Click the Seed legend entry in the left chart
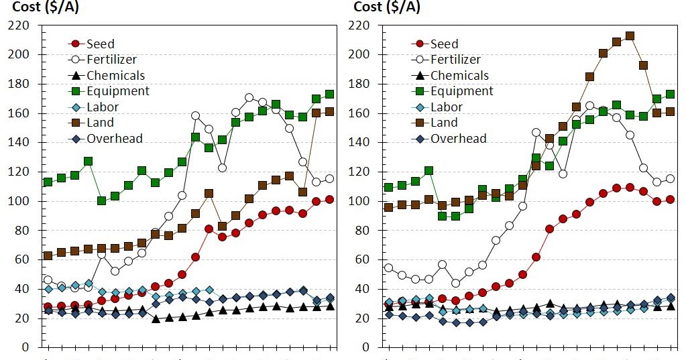(x=101, y=44)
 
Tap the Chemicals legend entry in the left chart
(x=115, y=76)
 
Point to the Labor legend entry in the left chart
(x=103, y=107)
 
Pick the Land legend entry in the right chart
(x=444, y=123)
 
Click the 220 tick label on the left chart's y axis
(x=18, y=25)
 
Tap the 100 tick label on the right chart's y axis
(x=361, y=201)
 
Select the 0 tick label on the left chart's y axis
(x=25, y=347)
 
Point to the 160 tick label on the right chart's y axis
(x=361, y=113)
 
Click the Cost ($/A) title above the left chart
(x=46, y=7)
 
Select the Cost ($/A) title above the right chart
(x=387, y=7)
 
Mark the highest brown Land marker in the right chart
(x=630, y=36)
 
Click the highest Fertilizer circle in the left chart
(x=249, y=98)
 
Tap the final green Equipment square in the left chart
(x=329, y=95)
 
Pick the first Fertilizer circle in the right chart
(x=389, y=268)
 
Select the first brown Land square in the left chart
(x=48, y=255)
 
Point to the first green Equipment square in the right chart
(x=389, y=188)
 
